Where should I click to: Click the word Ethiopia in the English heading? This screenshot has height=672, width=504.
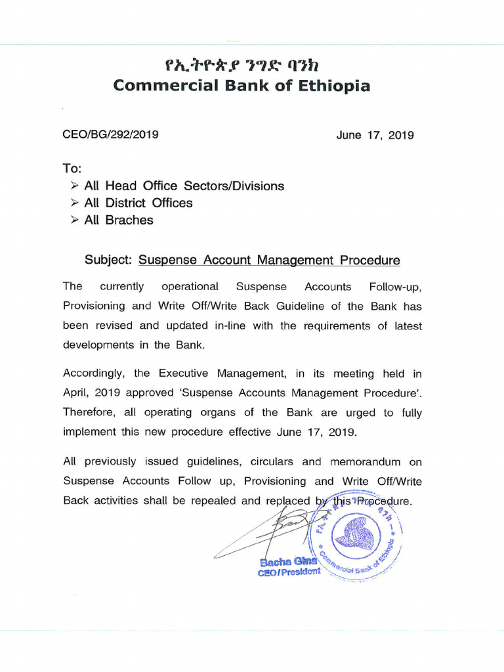click(x=333, y=86)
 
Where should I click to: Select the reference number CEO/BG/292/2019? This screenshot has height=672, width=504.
click(x=110, y=135)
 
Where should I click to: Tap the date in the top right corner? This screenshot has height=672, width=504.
click(x=375, y=135)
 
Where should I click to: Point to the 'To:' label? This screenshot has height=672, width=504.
click(x=72, y=169)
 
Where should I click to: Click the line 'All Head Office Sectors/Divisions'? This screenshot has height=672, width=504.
click(x=184, y=186)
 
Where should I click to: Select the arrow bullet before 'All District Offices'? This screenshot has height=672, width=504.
click(x=75, y=203)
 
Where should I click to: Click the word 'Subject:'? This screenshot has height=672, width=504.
click(x=109, y=261)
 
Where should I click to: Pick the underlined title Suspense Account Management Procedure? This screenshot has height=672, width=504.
click(x=269, y=261)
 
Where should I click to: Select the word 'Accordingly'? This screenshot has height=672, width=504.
click(x=94, y=374)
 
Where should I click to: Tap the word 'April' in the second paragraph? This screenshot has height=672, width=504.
click(x=76, y=394)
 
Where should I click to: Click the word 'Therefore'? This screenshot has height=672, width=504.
click(x=89, y=413)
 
